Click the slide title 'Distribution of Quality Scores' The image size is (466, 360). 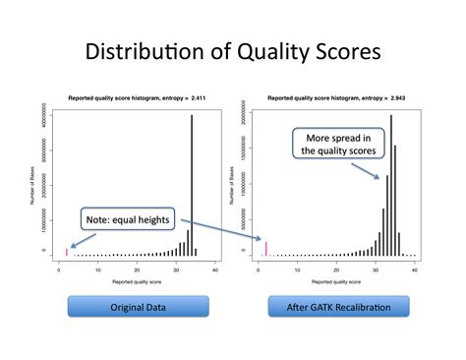pos(233,52)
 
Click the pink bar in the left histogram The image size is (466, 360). pos(67,252)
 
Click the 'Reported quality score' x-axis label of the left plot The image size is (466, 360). pos(138,281)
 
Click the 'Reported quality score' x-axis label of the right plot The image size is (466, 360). pos(337,281)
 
